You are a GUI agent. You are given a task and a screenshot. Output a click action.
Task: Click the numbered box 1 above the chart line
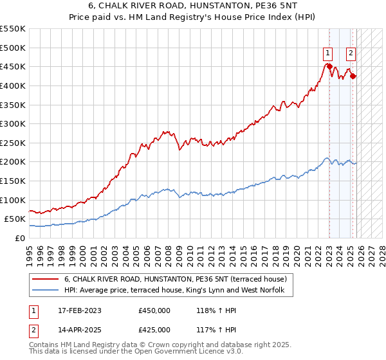pos(328,53)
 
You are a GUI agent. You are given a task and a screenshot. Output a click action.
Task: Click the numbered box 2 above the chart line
pos(351,53)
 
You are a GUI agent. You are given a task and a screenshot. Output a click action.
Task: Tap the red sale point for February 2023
pos(329,66)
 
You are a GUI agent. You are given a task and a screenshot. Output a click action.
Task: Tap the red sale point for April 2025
pos(353,76)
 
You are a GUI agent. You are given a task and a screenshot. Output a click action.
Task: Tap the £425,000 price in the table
pos(154,330)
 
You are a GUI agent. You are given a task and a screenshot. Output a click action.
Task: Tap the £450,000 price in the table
pos(154,310)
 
